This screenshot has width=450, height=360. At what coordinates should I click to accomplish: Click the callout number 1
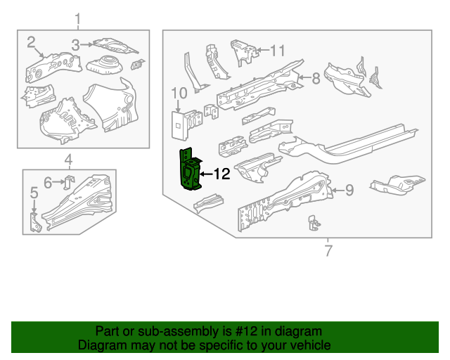[78, 18]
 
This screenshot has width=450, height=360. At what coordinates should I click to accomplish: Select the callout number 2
[32, 42]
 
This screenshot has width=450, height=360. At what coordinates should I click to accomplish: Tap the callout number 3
[75, 45]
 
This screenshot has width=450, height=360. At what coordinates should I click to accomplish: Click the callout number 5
[33, 193]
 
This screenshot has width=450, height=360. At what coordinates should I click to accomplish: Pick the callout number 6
[48, 183]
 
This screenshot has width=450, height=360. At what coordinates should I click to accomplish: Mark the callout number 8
[316, 78]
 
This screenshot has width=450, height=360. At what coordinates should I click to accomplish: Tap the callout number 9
[349, 189]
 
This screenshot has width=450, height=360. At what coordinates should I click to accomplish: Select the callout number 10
[179, 92]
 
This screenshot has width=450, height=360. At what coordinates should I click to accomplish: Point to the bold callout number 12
[221, 174]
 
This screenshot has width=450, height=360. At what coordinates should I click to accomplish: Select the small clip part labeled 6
[69, 182]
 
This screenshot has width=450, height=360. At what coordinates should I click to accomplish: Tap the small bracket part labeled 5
[37, 221]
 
